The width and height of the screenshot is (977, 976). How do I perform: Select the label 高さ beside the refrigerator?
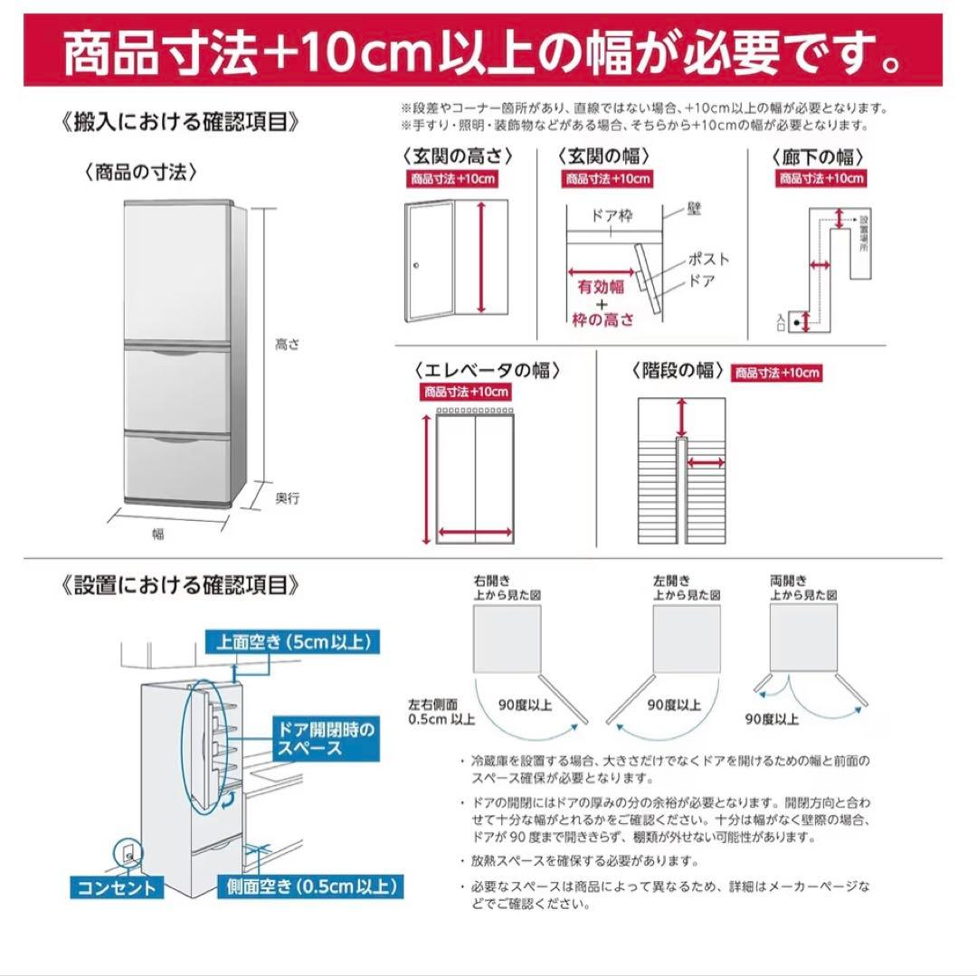point(287,344)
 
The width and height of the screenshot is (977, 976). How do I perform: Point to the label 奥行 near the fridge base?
point(287,498)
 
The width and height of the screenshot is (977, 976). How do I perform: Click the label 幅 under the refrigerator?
point(159,534)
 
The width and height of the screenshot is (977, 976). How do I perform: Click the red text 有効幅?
point(602,288)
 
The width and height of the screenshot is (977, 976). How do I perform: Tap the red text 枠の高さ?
point(602,319)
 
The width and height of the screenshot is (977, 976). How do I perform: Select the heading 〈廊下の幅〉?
point(818,156)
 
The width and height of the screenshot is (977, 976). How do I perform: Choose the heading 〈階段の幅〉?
point(678,370)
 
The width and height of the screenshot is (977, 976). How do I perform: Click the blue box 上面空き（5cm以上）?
point(291,643)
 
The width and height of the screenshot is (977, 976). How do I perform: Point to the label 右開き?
point(486,581)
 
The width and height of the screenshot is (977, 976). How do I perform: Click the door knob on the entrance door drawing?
point(417,266)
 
